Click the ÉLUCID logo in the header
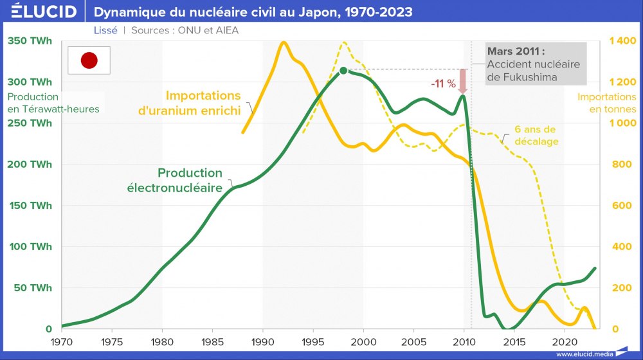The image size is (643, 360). [x=40, y=12]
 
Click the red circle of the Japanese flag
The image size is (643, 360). [x=89, y=61]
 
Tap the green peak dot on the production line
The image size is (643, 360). [x=343, y=71]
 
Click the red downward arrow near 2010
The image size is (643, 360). [x=462, y=80]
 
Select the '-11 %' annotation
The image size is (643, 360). [x=443, y=84]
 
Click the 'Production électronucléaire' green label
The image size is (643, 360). [x=190, y=180]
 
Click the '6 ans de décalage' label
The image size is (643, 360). [x=535, y=135]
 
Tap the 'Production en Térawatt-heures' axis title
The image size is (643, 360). [x=53, y=103]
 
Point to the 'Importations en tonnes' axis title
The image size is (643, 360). [x=606, y=103]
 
